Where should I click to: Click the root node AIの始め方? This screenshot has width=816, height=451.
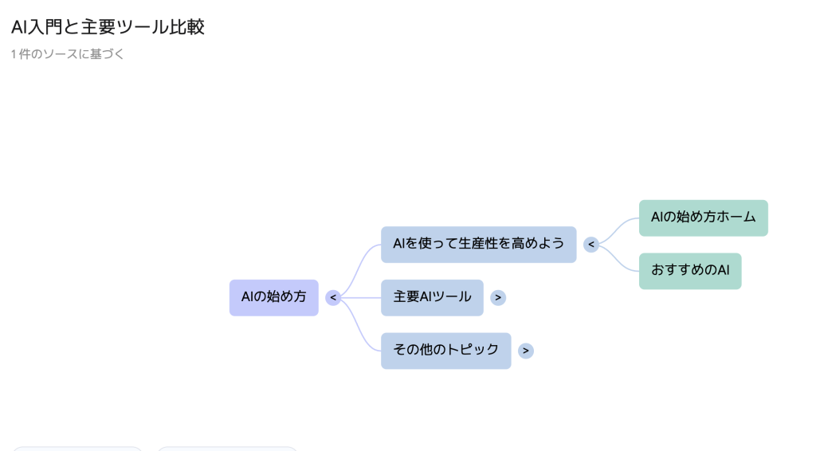273,297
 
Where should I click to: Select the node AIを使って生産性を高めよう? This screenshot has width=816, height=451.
478,244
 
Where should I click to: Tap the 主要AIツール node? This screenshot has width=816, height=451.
432,297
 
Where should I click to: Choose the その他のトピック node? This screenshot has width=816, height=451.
445,350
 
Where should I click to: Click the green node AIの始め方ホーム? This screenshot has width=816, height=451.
703,218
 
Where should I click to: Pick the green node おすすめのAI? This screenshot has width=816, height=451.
690,271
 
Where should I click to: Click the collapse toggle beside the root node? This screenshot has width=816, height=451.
333,298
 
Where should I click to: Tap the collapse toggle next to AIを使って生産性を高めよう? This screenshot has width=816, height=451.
590,245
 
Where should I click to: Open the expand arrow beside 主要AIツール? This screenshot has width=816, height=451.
498,298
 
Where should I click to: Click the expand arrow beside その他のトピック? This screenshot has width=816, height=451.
526,351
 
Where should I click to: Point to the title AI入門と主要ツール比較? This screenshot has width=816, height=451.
108,27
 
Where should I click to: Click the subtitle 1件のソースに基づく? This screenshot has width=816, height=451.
68,54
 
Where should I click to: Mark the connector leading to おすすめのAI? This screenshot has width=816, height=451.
618,257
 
